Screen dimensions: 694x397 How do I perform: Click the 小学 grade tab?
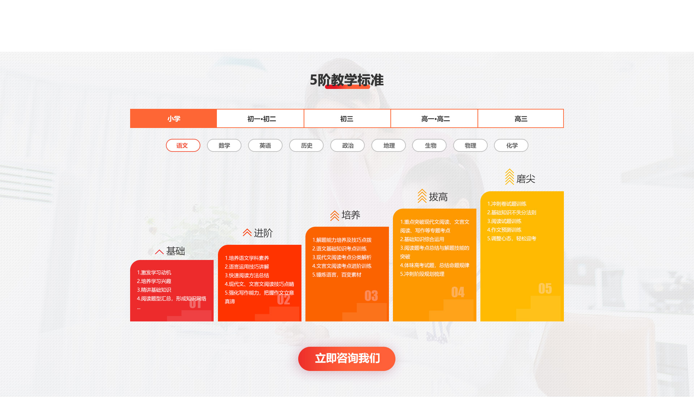point(173,119)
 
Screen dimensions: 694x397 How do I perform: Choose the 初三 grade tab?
point(347,119)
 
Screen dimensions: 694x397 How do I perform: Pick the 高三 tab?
point(520,119)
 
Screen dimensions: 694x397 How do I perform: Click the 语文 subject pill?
point(183,145)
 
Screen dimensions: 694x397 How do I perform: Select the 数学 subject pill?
point(224,145)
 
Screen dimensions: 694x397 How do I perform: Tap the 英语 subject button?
point(265,145)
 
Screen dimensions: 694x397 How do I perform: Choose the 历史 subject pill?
point(307,145)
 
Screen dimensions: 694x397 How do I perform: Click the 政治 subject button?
point(347,145)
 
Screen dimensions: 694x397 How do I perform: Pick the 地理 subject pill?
point(389,145)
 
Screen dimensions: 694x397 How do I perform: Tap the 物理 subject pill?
point(471,145)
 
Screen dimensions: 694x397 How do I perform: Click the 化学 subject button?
point(511,145)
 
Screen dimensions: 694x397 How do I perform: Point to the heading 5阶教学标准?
point(347,80)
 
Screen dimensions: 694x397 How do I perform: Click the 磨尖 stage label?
point(526,179)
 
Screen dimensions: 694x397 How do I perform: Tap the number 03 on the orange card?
point(371,296)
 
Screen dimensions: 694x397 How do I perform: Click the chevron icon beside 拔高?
point(422,196)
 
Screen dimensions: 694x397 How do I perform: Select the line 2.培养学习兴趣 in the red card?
point(154,281)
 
